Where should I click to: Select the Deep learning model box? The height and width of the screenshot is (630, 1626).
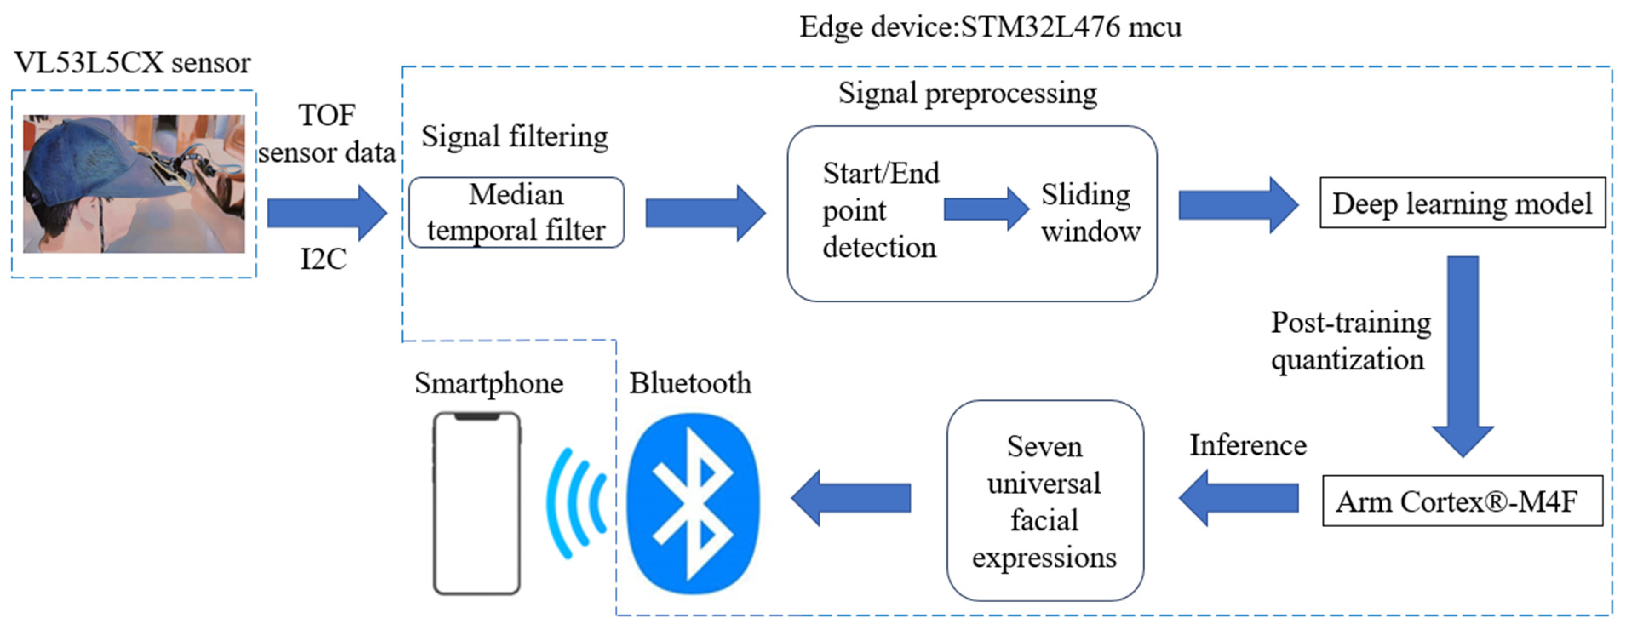[x=1462, y=203]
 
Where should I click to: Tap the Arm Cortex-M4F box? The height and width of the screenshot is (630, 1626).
[x=1462, y=501]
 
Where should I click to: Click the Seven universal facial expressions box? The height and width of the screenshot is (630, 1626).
[x=1045, y=501]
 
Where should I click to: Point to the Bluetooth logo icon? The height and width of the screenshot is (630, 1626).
[x=692, y=504]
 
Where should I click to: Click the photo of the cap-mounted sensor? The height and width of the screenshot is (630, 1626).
[x=134, y=184]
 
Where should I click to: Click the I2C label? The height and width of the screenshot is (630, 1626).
[x=323, y=259]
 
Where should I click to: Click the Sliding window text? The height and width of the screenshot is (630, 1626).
[x=1090, y=213]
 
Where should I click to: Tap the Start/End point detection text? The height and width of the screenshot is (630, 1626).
[x=880, y=210]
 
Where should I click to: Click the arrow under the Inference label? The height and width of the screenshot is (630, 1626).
[x=1238, y=498]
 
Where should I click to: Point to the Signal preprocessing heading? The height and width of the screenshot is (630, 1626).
[x=967, y=93]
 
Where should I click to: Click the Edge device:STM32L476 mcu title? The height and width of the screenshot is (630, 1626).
[x=990, y=27]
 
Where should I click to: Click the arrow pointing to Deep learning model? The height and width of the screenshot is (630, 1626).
[x=1238, y=205]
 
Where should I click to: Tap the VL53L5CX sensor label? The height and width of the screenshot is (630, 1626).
[x=132, y=63]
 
